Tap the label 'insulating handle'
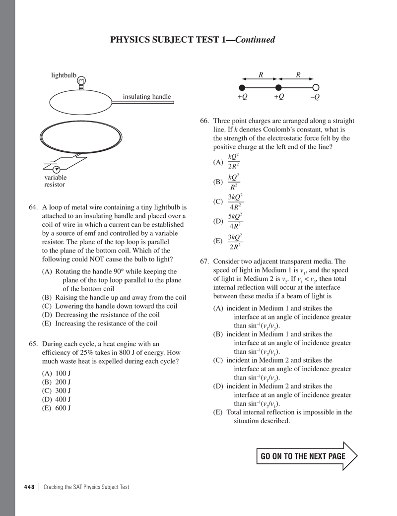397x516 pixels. [147, 97]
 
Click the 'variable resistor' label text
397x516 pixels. [55, 181]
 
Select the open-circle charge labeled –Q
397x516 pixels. [316, 87]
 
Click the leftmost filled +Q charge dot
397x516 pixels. [242, 87]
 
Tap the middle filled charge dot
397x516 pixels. [279, 87]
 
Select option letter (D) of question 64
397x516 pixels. [48, 315]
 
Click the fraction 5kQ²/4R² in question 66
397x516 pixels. [235, 221]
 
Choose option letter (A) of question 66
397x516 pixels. [218, 162]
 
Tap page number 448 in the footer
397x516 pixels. [29, 487]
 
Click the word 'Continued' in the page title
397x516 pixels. [255, 40]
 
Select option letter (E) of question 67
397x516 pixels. [218, 412]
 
